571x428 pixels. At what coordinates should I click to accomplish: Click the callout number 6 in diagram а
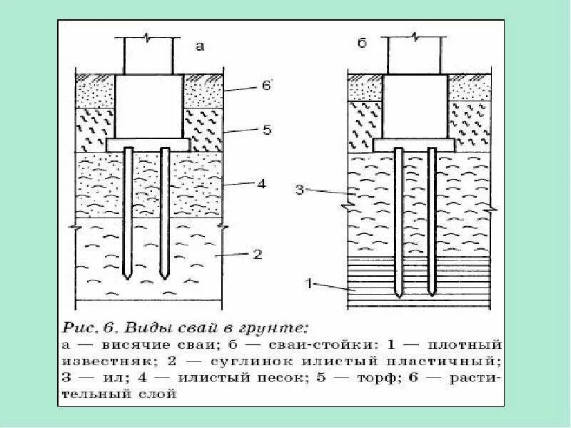266,86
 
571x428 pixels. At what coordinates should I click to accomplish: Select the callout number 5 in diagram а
266,131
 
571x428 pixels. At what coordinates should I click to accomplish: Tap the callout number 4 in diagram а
261,183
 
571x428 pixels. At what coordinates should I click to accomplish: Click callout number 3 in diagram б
300,190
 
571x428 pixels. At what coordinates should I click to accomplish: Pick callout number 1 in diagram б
310,283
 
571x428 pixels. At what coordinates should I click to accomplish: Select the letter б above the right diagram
362,45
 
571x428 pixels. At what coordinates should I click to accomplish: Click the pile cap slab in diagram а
147,143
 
